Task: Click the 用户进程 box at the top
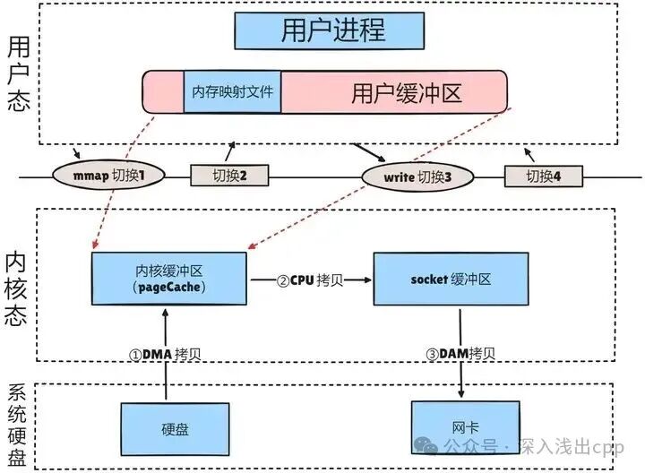332,30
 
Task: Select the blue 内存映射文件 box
233,92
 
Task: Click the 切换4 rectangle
542,176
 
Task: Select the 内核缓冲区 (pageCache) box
168,279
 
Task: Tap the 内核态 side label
17,285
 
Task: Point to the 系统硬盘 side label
17,426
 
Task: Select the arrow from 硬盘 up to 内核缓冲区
164,363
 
